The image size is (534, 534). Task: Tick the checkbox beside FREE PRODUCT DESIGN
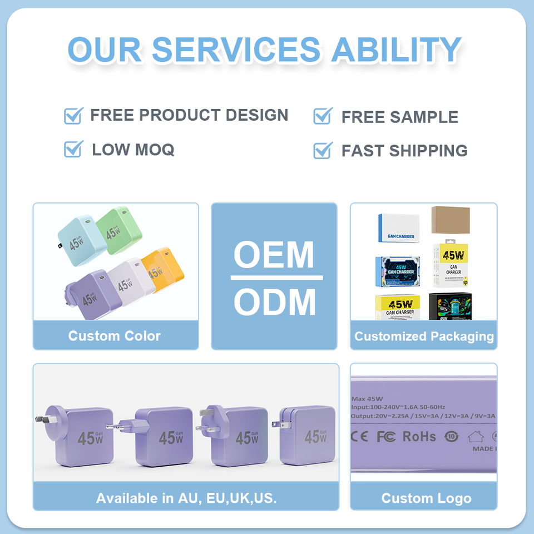coord(73,116)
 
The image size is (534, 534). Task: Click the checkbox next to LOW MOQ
coord(73,149)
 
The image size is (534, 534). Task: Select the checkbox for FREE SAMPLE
coord(323,116)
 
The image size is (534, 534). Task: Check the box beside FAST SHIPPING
coord(323,150)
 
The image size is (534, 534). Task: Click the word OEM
coord(274,255)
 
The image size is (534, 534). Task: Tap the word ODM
coord(274,303)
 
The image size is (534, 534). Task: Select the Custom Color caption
coord(115,336)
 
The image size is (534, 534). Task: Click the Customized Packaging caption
coord(424,336)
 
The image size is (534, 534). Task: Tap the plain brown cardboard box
coord(450,220)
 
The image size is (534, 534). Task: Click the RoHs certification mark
coord(419,436)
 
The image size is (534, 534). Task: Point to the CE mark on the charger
coord(359,436)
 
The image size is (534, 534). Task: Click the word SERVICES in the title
coord(236,50)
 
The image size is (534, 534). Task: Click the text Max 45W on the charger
coord(367,399)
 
